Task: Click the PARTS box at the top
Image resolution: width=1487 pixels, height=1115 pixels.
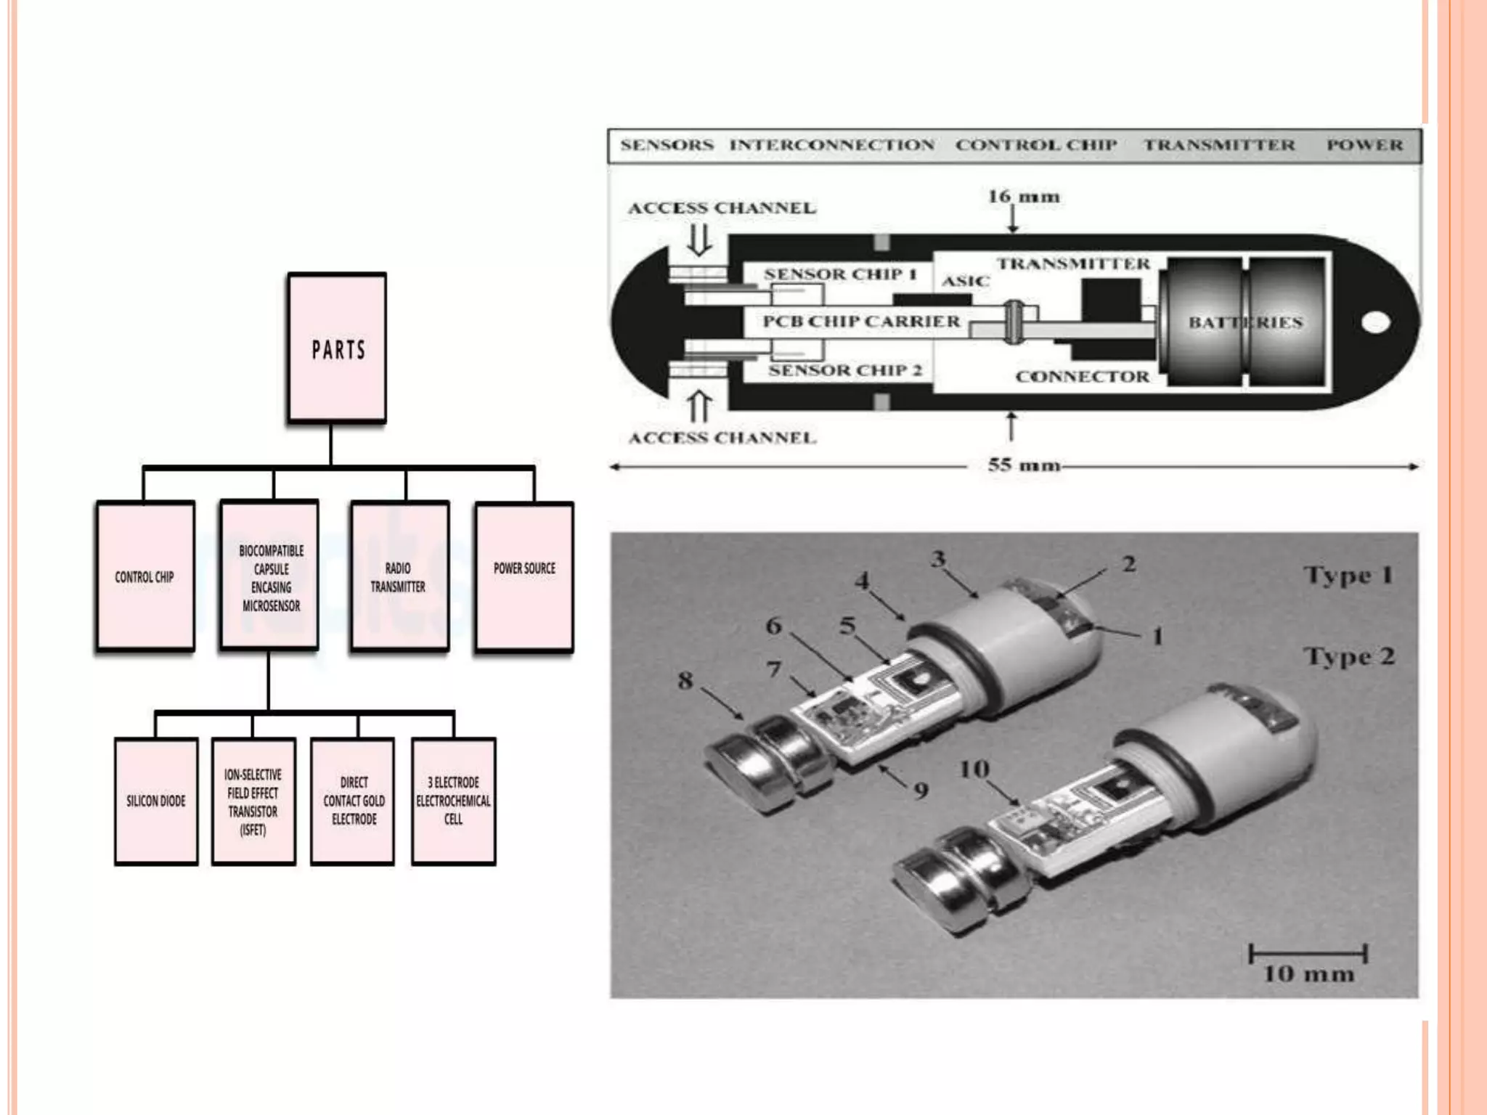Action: [337, 348]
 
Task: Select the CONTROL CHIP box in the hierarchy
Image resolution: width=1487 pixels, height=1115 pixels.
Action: [145, 576]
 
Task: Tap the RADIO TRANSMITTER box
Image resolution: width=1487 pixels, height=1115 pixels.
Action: [399, 576]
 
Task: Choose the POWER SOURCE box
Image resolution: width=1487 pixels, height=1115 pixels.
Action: [524, 576]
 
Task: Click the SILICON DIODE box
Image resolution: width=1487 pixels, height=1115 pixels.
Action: [156, 801]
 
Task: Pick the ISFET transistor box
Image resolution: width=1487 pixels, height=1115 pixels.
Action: [253, 801]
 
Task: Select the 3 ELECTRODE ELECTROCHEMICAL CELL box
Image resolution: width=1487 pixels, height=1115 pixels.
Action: [453, 801]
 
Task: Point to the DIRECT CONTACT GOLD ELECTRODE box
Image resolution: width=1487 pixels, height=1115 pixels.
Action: [353, 801]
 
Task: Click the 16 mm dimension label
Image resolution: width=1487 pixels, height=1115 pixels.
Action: [1024, 197]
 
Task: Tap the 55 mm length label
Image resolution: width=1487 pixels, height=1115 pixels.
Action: [1024, 465]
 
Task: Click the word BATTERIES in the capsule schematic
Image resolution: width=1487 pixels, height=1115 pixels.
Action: [1245, 322]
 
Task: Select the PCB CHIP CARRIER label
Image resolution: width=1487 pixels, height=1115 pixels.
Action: [861, 322]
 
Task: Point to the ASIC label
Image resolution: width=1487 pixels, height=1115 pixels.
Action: [966, 281]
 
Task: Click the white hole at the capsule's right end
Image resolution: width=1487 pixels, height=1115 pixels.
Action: [1375, 322]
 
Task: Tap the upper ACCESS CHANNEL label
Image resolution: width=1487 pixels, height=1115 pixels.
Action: [722, 208]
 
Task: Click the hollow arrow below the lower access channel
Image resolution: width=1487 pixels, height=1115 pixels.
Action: [699, 407]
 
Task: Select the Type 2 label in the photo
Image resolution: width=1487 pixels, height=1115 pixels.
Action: [1349, 656]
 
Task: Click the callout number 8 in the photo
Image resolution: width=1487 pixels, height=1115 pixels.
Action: [685, 681]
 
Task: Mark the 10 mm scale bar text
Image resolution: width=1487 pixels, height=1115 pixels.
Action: [1308, 974]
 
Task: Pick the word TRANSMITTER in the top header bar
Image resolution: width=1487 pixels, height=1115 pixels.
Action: [1219, 145]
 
